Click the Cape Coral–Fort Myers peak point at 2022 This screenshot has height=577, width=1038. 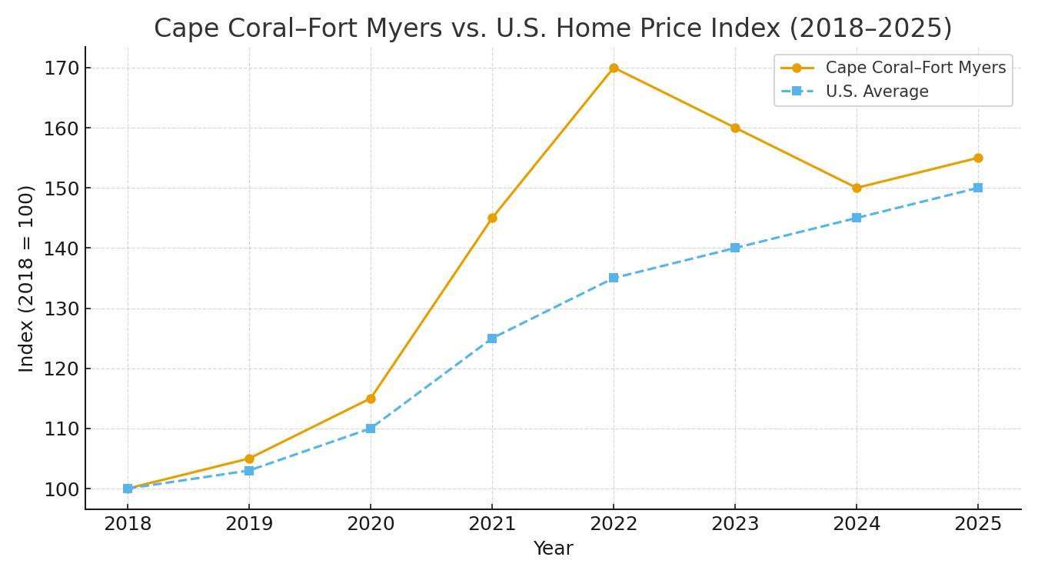pos(614,68)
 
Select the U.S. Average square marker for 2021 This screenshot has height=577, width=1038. pos(492,339)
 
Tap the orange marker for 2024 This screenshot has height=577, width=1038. pos(857,188)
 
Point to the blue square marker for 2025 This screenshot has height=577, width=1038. pos(978,188)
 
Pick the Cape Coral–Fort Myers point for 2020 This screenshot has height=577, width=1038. pos(371,399)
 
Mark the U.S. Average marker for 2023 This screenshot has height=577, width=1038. pos(735,248)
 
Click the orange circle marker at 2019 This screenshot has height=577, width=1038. pos(249,459)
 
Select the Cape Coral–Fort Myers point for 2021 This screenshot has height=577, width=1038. pos(492,218)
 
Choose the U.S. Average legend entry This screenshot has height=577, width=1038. pos(877,92)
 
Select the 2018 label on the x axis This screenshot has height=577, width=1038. pos(128,525)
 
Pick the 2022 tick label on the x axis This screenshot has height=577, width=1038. pos(614,525)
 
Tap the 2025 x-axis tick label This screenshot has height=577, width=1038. pos(978,525)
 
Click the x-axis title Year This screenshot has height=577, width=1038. pos(553,549)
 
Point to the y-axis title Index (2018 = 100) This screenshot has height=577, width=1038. pos(27,278)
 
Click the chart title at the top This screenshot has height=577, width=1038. pos(553,28)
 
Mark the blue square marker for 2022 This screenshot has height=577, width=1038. pos(614,278)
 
